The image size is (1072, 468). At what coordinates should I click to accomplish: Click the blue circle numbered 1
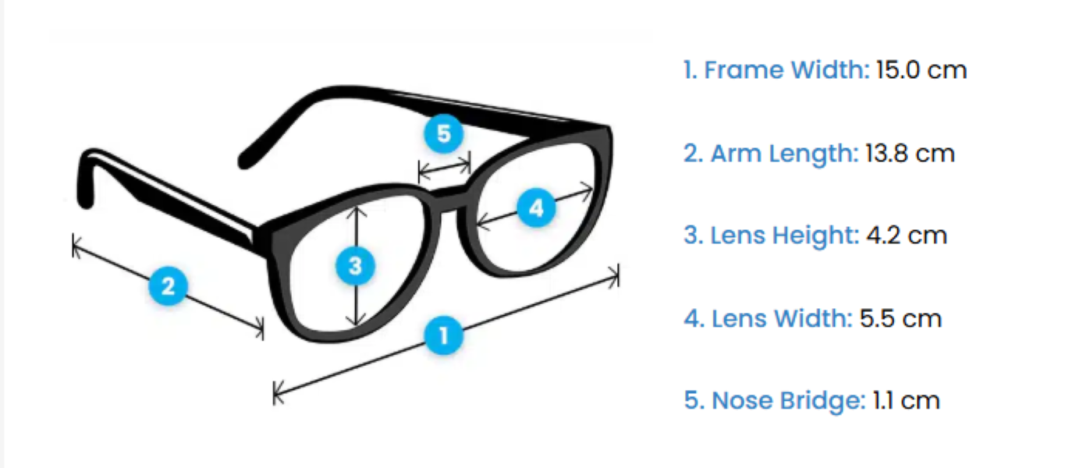[x=444, y=336]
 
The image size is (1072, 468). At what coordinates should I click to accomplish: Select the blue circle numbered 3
[x=356, y=266]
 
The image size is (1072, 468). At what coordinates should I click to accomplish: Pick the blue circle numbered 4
[x=535, y=208]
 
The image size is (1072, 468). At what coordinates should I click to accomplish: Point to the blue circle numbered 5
[x=443, y=134]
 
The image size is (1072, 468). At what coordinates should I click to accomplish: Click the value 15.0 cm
[x=921, y=70]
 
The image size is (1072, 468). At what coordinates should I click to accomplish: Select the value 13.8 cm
[x=910, y=153]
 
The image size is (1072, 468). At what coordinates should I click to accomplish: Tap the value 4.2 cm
[x=906, y=235]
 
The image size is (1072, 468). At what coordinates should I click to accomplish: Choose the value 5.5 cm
[x=900, y=318]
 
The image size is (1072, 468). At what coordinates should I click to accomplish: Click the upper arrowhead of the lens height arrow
[x=356, y=208]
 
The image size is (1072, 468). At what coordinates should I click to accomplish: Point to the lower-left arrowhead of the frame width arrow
[x=276, y=394]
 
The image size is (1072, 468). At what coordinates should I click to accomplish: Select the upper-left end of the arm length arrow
[x=75, y=246]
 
